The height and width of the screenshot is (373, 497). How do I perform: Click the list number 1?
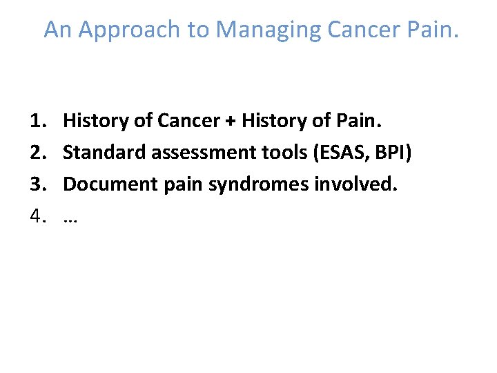[38, 122]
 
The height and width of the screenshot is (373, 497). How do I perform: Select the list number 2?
[38, 153]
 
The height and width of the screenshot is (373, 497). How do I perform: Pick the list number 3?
[38, 185]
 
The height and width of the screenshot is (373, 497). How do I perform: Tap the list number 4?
[38, 217]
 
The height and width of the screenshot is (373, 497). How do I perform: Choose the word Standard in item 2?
[98, 153]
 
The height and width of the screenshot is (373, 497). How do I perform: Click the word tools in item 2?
[256, 153]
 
